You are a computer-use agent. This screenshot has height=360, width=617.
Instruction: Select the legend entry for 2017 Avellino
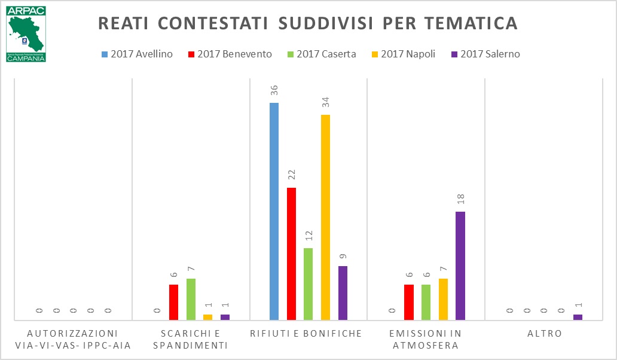click(137, 54)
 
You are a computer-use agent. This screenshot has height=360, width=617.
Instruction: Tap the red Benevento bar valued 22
click(291, 254)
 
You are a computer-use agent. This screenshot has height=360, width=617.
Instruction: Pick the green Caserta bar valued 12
click(308, 284)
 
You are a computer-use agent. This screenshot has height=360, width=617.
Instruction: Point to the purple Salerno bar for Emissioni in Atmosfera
click(460, 266)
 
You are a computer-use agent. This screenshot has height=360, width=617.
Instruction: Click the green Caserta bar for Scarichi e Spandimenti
click(191, 299)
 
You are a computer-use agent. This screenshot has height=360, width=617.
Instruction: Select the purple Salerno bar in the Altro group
click(578, 317)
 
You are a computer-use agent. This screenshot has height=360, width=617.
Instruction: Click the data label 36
click(274, 90)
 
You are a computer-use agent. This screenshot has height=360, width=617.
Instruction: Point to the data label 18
click(460, 199)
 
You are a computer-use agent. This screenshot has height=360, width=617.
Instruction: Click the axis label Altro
click(545, 334)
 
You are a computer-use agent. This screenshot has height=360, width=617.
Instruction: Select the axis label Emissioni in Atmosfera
click(426, 339)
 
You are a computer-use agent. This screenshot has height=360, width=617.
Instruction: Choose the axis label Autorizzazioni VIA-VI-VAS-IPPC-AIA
click(73, 339)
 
